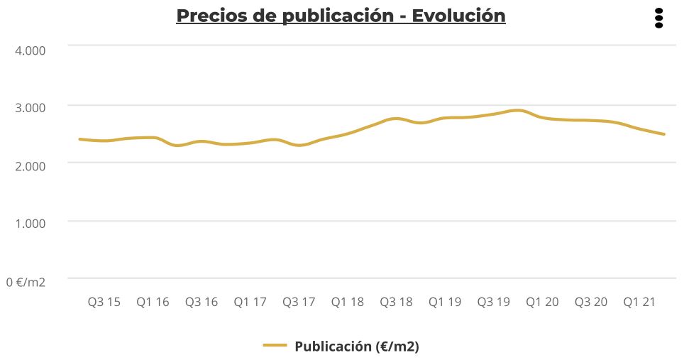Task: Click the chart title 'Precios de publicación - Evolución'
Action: tap(341, 16)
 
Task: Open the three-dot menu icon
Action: tap(658, 18)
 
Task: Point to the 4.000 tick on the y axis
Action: tap(31, 50)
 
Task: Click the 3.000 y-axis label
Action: tap(31, 107)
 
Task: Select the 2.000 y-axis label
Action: tap(31, 165)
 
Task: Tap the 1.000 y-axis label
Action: tap(31, 223)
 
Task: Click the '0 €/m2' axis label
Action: tap(26, 282)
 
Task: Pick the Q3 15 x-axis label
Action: tap(104, 302)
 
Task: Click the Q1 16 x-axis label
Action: tap(153, 302)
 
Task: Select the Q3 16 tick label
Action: tap(201, 302)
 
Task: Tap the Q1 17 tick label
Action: tap(250, 302)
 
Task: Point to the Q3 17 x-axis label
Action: tap(298, 302)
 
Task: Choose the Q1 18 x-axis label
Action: tap(347, 302)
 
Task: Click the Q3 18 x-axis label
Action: tap(396, 302)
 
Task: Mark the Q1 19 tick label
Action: tap(444, 302)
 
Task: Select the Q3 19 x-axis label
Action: tap(493, 302)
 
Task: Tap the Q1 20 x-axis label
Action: tap(542, 302)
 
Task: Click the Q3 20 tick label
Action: tap(590, 302)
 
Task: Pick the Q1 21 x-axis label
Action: tap(639, 302)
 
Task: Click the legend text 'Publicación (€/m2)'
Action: tap(356, 347)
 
